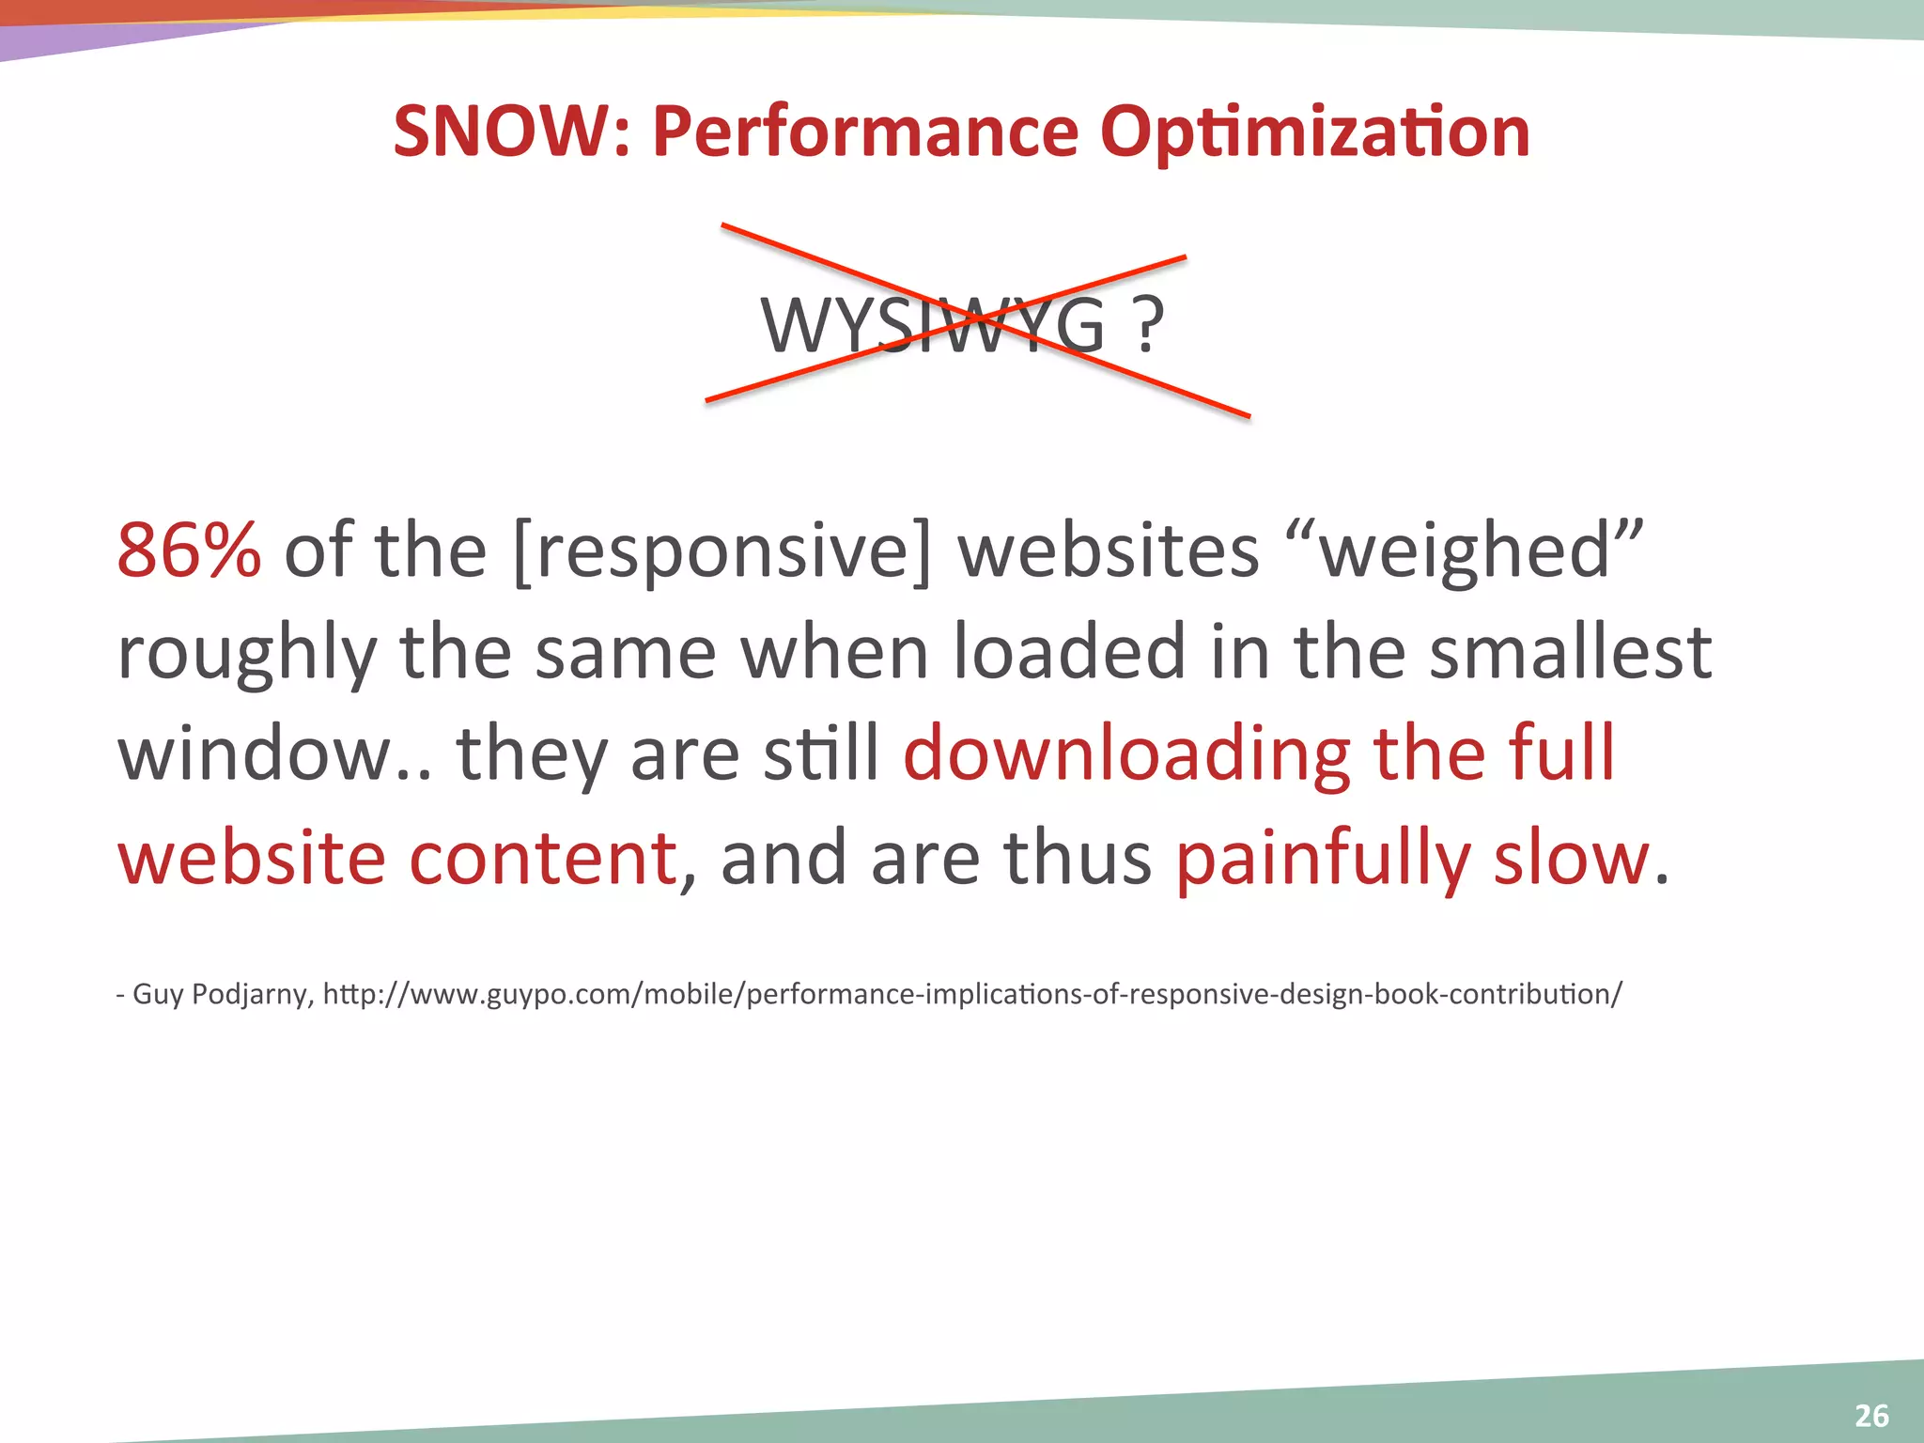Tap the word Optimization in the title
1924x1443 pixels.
tap(1314, 132)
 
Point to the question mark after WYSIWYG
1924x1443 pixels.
tap(1148, 325)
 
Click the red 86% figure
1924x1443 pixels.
tap(189, 550)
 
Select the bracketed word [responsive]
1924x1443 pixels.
tap(722, 551)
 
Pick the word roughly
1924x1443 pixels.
tap(247, 654)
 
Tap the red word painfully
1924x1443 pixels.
tap(1322, 859)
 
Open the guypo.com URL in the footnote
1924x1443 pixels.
tap(972, 994)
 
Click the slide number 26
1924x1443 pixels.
tap(1871, 1415)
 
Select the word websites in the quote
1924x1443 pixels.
tap(1108, 550)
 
